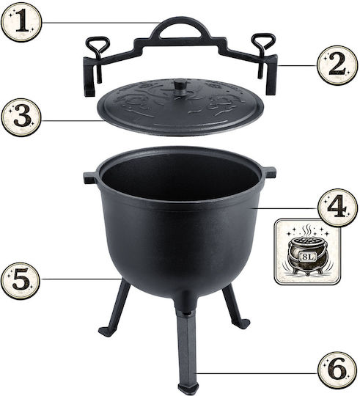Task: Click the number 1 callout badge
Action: tap(21, 22)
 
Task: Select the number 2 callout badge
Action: tap(337, 65)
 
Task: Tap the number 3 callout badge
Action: tap(21, 117)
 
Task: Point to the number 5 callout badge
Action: tap(21, 279)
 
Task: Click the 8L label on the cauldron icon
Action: tap(308, 257)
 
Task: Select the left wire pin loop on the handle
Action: tap(98, 43)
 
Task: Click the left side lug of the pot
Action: tap(89, 178)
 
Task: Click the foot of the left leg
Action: tap(107, 331)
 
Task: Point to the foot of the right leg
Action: tap(243, 323)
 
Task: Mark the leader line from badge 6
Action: tap(257, 373)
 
